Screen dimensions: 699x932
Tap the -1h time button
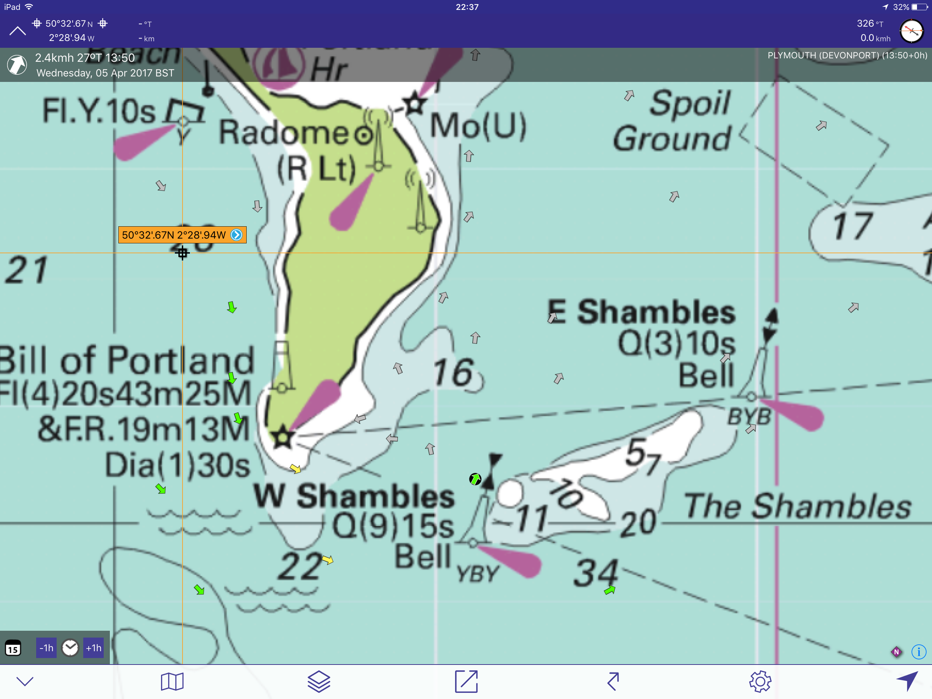pyautogui.click(x=46, y=648)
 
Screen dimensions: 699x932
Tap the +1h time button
pyautogui.click(x=93, y=648)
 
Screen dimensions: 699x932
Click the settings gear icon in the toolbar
pyautogui.click(x=760, y=681)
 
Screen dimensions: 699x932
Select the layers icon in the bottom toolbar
pyautogui.click(x=319, y=681)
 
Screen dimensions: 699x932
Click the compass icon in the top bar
pyautogui.click(x=911, y=31)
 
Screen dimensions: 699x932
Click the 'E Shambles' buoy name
pyautogui.click(x=642, y=312)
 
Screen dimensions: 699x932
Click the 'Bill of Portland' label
pyautogui.click(x=127, y=360)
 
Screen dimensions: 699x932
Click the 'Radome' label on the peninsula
pyautogui.click(x=283, y=132)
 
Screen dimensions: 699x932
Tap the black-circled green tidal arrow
pyautogui.click(x=475, y=479)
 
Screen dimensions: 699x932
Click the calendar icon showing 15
pyautogui.click(x=13, y=648)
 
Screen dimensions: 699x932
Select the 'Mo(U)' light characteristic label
pyautogui.click(x=478, y=126)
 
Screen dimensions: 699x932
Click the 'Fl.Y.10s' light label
pyautogui.click(x=99, y=111)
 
